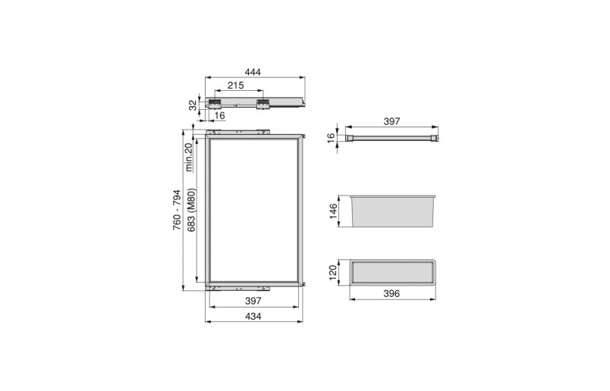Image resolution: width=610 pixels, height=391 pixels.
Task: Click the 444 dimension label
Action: pyautogui.click(x=253, y=72)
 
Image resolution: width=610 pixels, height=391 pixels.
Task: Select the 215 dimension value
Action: pyautogui.click(x=236, y=85)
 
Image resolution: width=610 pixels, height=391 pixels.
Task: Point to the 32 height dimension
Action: pyautogui.click(x=193, y=105)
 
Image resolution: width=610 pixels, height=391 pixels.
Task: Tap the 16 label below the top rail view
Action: pyautogui.click(x=219, y=115)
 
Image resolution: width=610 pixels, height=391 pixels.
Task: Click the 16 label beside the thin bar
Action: pyautogui.click(x=331, y=138)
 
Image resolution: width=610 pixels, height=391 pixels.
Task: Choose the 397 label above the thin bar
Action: pyautogui.click(x=391, y=121)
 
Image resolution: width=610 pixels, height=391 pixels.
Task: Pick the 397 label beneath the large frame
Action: pyautogui.click(x=253, y=300)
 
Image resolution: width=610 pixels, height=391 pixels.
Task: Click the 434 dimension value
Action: pyautogui.click(x=253, y=317)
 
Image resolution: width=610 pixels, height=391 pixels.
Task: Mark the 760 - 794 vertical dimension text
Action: pyautogui.click(x=177, y=210)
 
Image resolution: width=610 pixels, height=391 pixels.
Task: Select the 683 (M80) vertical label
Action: pyautogui.click(x=191, y=210)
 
